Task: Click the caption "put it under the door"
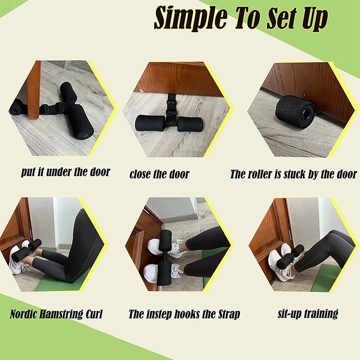(x=65, y=172)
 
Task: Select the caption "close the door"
(x=159, y=174)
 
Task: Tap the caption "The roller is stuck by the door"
(x=293, y=174)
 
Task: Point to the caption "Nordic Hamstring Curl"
(x=56, y=314)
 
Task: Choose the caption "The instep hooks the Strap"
(x=184, y=314)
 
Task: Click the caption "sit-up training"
(x=308, y=313)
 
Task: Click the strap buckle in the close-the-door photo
(x=171, y=108)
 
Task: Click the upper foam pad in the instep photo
(x=165, y=241)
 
